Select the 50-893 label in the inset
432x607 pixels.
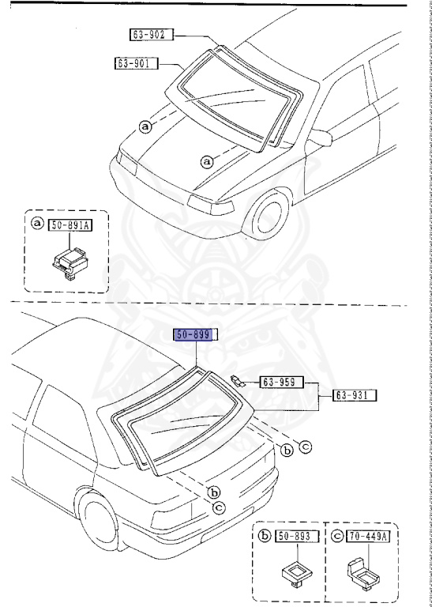pyautogui.click(x=295, y=537)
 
